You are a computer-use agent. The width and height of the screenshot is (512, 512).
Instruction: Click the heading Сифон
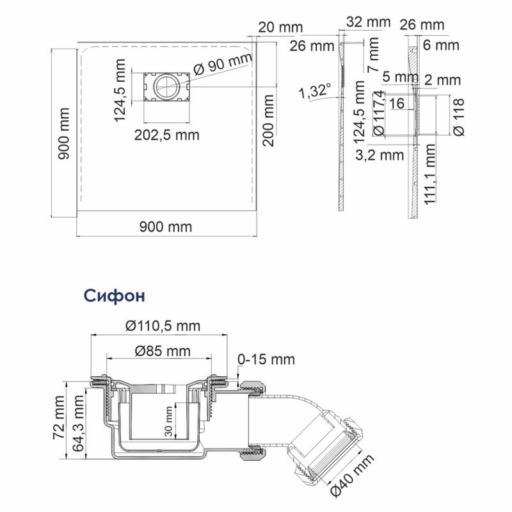(115, 296)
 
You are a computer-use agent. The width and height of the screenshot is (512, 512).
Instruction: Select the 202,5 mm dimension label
(167, 135)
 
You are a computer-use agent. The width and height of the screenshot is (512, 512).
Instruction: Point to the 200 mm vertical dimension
(268, 121)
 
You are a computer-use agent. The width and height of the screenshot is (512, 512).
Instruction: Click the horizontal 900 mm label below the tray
(166, 227)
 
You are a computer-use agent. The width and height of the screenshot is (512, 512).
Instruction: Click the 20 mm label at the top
(280, 27)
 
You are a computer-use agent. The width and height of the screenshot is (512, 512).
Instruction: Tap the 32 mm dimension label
(369, 22)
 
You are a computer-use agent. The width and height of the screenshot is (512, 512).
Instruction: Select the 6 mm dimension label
(441, 45)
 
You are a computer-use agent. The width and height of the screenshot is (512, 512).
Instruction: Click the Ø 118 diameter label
(459, 117)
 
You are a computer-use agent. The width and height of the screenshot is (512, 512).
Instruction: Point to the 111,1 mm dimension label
(429, 174)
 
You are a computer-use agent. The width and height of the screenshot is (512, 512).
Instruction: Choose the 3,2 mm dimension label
(380, 155)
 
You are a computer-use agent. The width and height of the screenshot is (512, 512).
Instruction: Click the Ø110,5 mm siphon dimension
(163, 326)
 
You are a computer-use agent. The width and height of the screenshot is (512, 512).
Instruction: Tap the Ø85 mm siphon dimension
(163, 351)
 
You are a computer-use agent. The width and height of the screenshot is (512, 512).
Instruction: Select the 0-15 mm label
(266, 359)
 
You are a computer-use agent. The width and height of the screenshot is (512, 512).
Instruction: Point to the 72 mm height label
(59, 417)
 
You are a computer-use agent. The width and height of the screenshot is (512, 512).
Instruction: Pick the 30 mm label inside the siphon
(168, 421)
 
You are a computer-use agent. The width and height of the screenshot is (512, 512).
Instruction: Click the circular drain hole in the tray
(166, 86)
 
